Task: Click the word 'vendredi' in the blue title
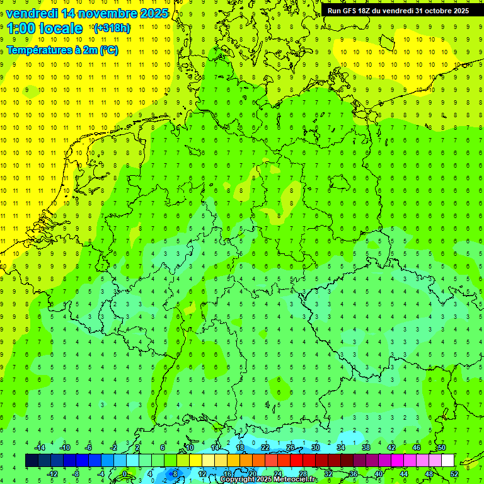[32, 13]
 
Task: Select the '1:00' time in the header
[21, 28]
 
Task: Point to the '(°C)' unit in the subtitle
[109, 50]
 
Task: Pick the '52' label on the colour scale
[454, 474]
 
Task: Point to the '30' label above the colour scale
[316, 447]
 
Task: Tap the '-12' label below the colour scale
[53, 474]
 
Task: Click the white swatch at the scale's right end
[447, 461]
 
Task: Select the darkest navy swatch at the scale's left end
[32, 461]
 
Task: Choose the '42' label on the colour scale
[391, 447]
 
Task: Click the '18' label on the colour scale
[240, 447]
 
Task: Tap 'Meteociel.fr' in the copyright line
[295, 480]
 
